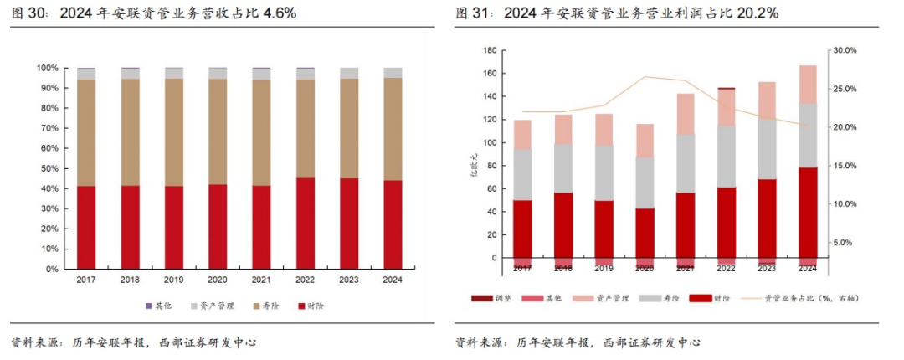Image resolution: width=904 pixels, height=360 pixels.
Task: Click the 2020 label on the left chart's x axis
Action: coord(217,280)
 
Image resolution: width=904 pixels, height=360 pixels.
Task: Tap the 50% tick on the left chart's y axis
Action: coord(49,168)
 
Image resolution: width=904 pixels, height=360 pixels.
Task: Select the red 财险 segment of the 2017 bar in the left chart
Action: coord(86,227)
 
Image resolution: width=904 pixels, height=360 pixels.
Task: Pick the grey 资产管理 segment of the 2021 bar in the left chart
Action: coord(261,74)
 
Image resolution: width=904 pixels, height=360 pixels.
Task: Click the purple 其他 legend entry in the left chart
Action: coord(162,306)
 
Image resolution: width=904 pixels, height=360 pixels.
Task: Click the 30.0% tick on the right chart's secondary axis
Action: coord(842,50)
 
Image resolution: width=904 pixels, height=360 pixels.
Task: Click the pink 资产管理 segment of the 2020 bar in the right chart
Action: coord(645,141)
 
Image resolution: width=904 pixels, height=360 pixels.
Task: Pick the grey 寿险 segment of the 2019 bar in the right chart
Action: coord(604,172)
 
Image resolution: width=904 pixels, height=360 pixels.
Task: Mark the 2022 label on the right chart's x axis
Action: coord(726,268)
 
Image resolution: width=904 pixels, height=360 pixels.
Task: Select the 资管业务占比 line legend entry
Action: coord(790,298)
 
